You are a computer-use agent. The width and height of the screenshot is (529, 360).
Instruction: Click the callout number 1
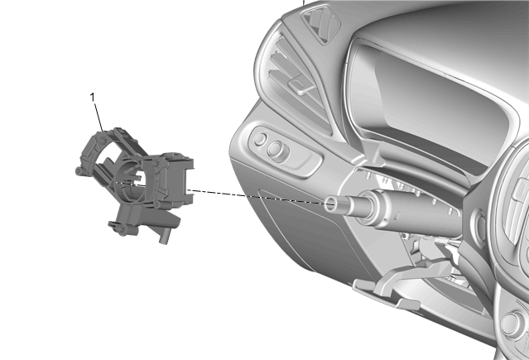(92, 98)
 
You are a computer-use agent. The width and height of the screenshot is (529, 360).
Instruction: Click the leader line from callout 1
(99, 117)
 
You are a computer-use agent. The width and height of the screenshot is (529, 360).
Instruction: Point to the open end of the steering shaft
(330, 204)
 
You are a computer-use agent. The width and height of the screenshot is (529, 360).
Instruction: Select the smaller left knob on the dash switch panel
(261, 139)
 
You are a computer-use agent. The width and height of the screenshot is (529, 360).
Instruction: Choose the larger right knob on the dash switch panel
(276, 149)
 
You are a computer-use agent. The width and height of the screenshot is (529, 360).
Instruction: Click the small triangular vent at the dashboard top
(321, 24)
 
